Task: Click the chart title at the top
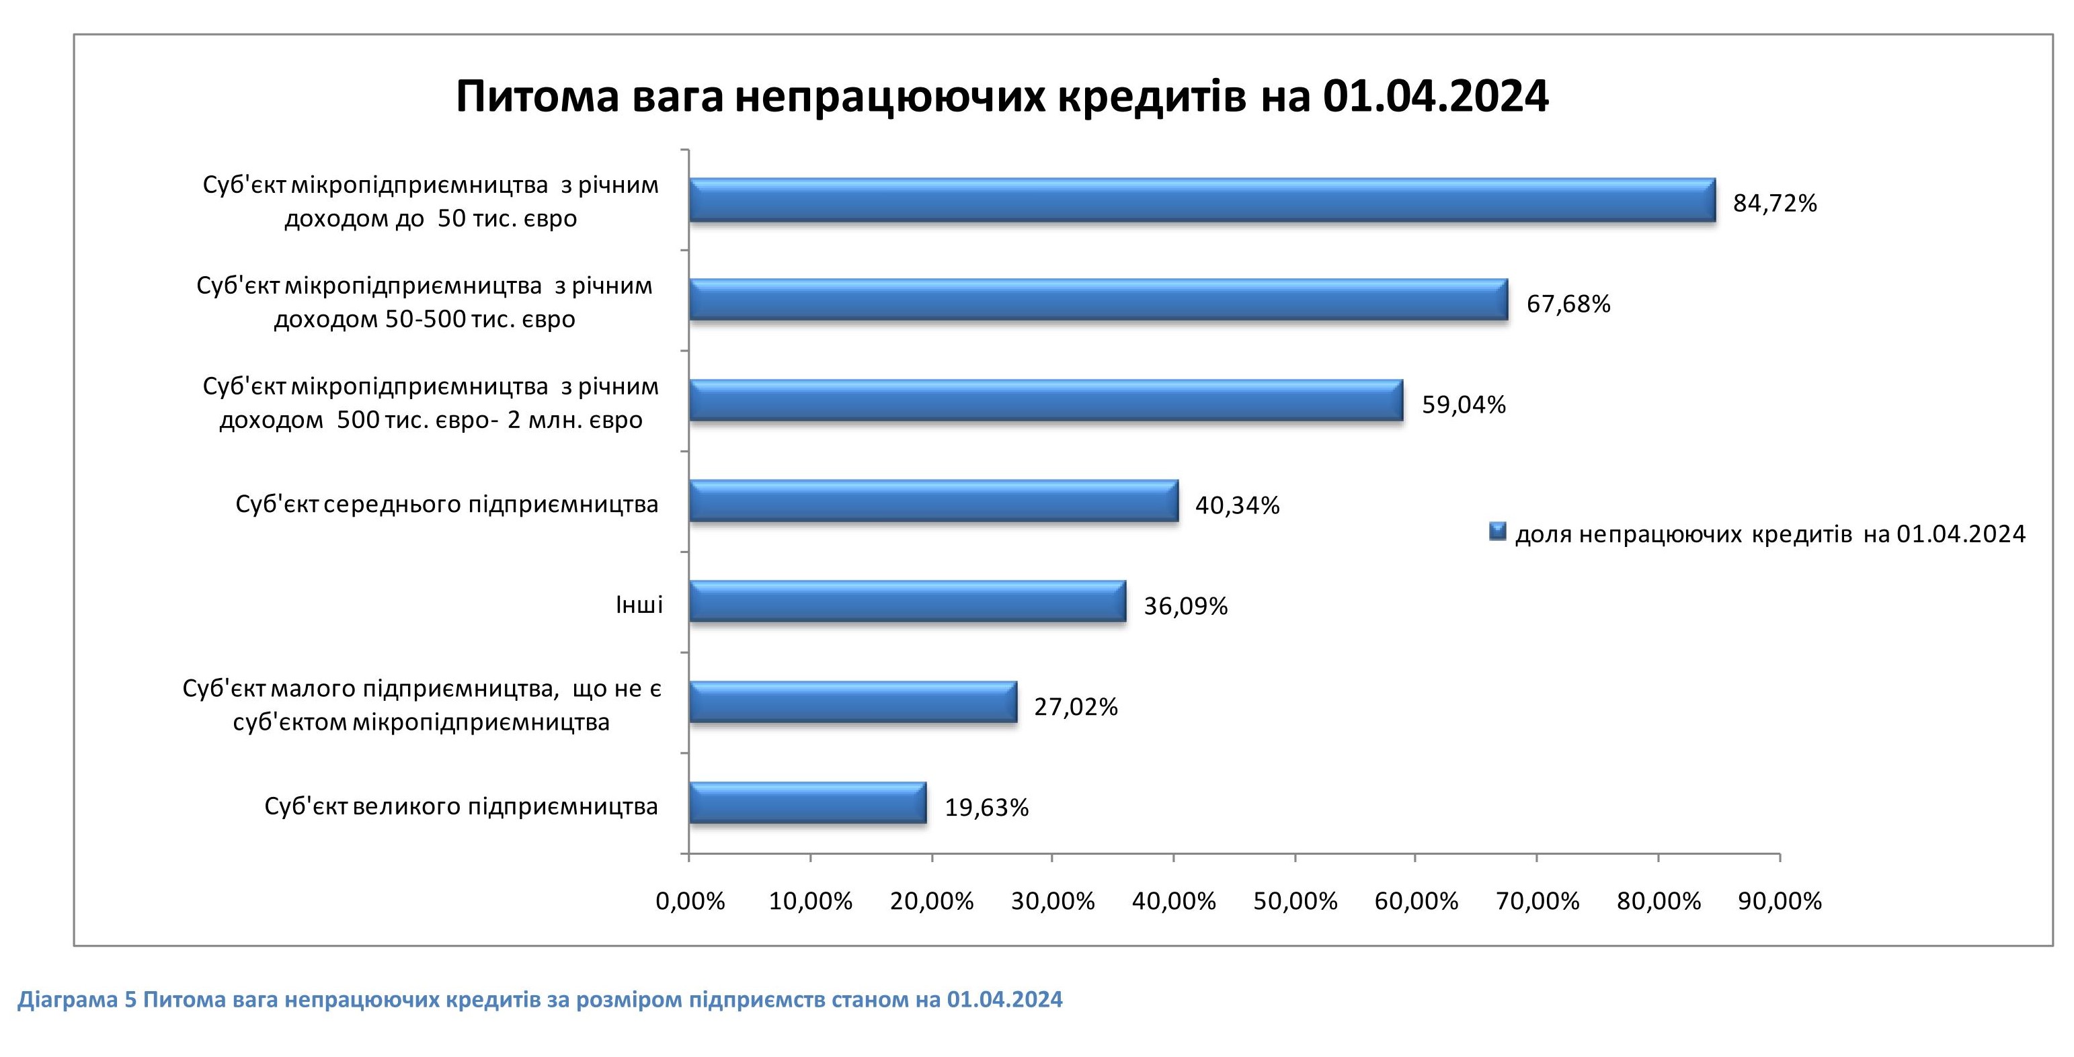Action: (1002, 97)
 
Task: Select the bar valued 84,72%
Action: (1201, 200)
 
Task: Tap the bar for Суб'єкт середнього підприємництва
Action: (933, 501)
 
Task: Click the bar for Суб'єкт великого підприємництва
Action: (807, 802)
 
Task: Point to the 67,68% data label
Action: (1568, 304)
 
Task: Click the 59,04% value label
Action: (1463, 405)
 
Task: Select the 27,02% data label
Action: (1076, 707)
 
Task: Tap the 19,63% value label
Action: (986, 808)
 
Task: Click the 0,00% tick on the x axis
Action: (690, 902)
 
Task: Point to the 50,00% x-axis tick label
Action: (1295, 902)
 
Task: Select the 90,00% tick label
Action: (1780, 902)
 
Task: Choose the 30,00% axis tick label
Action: (1052, 902)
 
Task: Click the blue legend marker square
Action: (1498, 532)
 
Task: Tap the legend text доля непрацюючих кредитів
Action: (1769, 534)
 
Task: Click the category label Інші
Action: (639, 605)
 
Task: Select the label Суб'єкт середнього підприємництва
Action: (447, 505)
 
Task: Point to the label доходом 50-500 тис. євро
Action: (424, 320)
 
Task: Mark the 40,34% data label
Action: (1237, 505)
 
